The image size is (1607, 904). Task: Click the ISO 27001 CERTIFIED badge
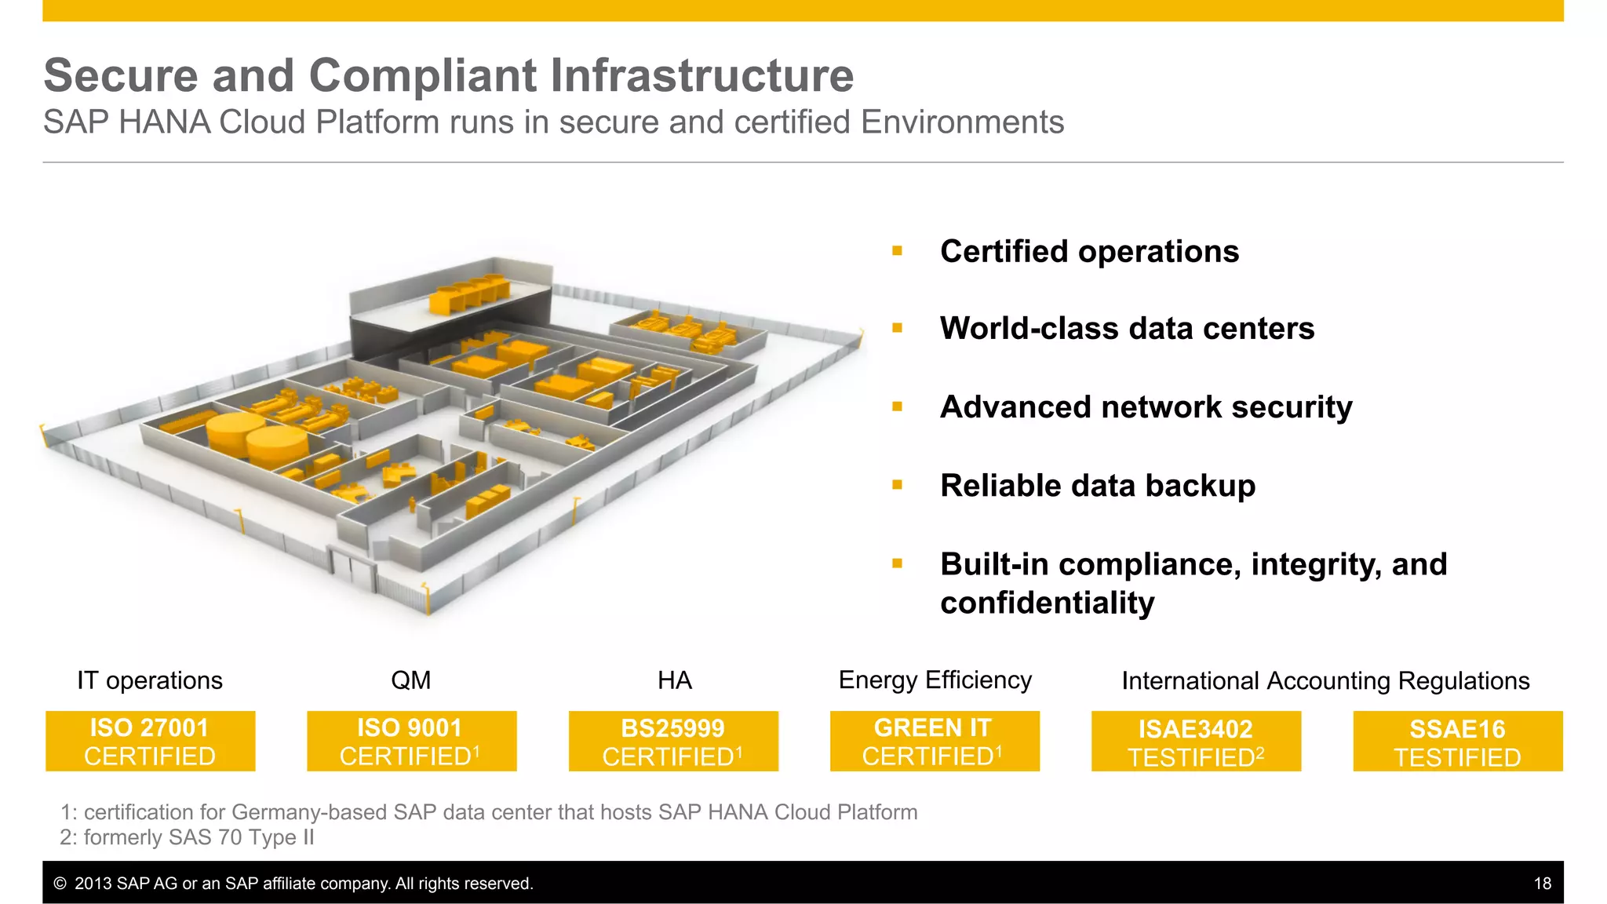point(150,742)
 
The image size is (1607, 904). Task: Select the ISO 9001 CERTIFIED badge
point(411,742)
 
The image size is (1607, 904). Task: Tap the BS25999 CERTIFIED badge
point(673,742)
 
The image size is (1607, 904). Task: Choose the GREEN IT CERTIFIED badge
point(935,742)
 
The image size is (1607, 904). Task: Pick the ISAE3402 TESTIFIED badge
point(1196,742)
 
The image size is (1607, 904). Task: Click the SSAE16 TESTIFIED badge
point(1458,742)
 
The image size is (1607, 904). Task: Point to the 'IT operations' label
point(150,680)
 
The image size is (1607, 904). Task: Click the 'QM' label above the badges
point(410,680)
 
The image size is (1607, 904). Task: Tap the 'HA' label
point(674,680)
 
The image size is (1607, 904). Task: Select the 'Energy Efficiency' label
point(935,680)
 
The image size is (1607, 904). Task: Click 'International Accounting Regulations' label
point(1325,681)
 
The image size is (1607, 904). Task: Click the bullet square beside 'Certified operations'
point(897,251)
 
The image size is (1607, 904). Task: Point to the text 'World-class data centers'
point(1127,329)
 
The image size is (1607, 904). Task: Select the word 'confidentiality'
point(1047,603)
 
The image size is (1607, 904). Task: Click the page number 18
point(1542,884)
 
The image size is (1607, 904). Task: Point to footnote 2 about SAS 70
point(187,837)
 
